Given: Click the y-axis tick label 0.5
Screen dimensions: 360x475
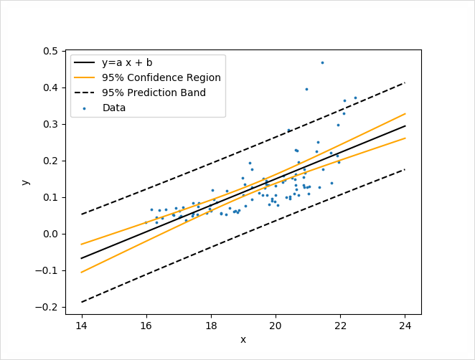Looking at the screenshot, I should tap(51, 52).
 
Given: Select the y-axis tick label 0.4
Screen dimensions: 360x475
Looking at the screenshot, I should tap(51, 88).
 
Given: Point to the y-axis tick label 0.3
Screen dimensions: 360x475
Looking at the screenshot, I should tap(51, 125).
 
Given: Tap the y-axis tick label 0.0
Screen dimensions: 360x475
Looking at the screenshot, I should tap(51, 235).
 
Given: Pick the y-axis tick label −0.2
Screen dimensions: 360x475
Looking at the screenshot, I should tap(48, 308).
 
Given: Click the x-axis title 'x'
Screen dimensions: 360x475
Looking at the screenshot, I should tap(243, 339).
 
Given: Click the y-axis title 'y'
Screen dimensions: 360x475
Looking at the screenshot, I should tap(26, 182).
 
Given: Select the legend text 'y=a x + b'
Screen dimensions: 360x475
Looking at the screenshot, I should tap(127, 63).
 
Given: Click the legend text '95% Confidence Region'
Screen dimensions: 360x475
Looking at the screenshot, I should tap(161, 77).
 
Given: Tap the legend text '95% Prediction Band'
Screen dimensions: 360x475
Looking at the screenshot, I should tap(154, 93).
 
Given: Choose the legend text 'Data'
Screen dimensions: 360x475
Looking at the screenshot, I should tap(114, 108).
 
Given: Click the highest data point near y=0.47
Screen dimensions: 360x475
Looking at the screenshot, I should tap(322, 62).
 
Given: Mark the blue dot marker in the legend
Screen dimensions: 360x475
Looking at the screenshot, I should tap(85, 108).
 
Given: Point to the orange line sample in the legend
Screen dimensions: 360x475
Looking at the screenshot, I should tap(85, 77).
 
